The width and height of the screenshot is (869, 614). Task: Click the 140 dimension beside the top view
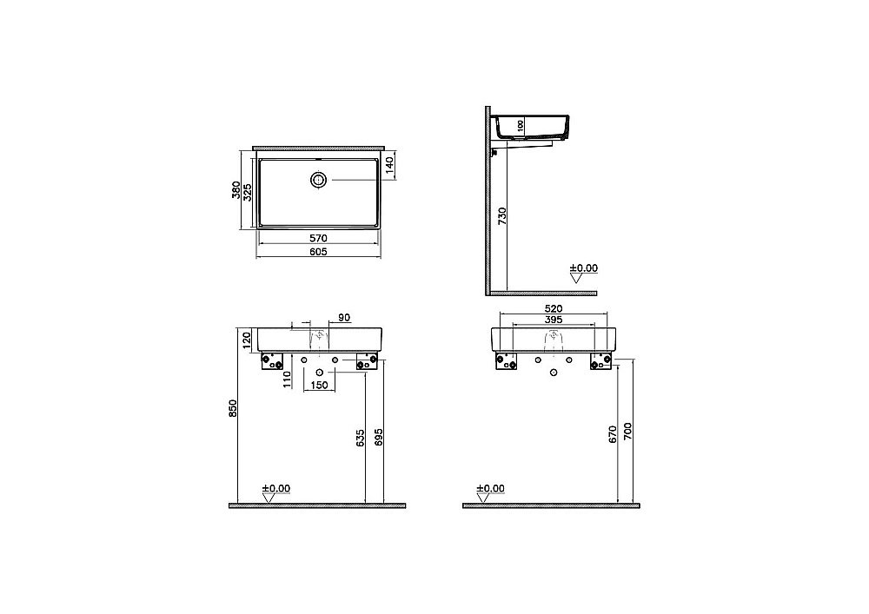click(x=390, y=163)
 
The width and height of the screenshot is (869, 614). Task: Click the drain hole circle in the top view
click(x=319, y=180)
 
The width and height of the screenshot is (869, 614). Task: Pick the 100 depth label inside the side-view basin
click(x=521, y=126)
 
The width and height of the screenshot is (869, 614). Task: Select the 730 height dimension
click(x=502, y=218)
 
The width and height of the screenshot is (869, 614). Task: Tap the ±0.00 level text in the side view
click(x=583, y=269)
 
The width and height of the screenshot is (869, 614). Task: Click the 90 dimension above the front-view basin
click(x=343, y=319)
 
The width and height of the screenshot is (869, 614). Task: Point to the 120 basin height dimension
click(x=246, y=338)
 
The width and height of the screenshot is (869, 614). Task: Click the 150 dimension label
click(x=319, y=385)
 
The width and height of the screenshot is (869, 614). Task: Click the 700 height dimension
click(x=629, y=432)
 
